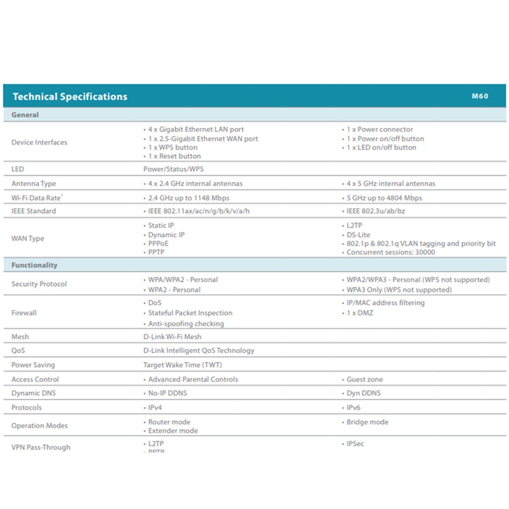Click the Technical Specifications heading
pyautogui.click(x=70, y=96)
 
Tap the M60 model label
pyautogui.click(x=480, y=96)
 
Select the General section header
pyautogui.click(x=25, y=115)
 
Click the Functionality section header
pyautogui.click(x=34, y=265)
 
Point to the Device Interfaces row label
pyautogui.click(x=39, y=142)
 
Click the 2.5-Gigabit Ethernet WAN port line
pyautogui.click(x=203, y=138)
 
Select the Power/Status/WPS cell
pyautogui.click(x=173, y=169)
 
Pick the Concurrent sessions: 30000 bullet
pyautogui.click(x=391, y=252)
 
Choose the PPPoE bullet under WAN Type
pyautogui.click(x=159, y=243)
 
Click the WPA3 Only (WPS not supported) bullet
pyautogui.click(x=399, y=290)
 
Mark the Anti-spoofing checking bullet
pyautogui.click(x=186, y=323)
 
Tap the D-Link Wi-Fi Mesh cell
pyautogui.click(x=172, y=337)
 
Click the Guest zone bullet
pyautogui.click(x=364, y=379)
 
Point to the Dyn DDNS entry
pyautogui.click(x=363, y=393)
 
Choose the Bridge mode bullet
pyautogui.click(x=367, y=422)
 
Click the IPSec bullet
pyautogui.click(x=355, y=443)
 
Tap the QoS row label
pyautogui.click(x=18, y=350)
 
